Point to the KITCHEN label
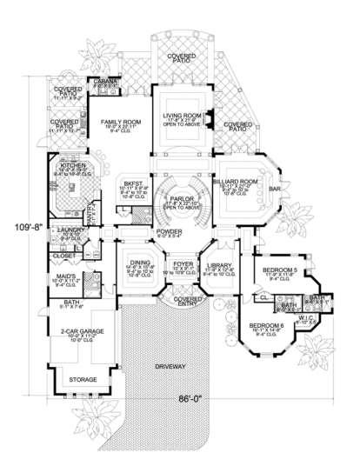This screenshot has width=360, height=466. [x=71, y=165]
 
